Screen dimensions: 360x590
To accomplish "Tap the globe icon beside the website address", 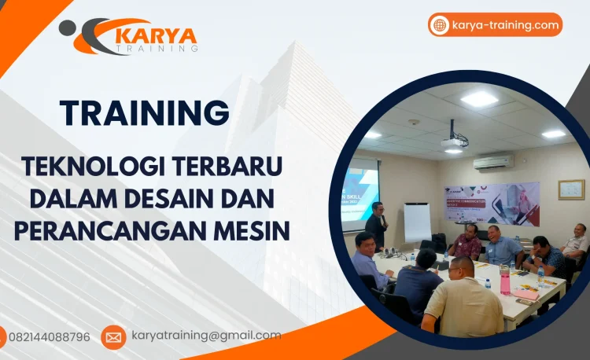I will click(439, 25).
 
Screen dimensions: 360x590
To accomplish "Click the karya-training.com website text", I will click(505, 25).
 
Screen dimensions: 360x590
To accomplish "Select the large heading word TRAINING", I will click(145, 112).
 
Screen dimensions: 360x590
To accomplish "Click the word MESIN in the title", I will click(254, 230).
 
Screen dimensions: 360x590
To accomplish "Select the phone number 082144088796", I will click(49, 336).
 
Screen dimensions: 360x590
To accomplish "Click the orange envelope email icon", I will click(113, 337).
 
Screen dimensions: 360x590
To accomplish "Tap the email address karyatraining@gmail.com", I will click(206, 336).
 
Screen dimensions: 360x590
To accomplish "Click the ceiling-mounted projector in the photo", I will click(455, 141).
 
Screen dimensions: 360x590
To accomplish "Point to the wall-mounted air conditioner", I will click(493, 162).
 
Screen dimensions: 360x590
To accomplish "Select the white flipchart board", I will click(417, 222).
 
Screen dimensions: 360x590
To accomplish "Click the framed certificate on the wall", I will click(571, 189).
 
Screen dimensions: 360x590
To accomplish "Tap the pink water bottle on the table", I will click(505, 279).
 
